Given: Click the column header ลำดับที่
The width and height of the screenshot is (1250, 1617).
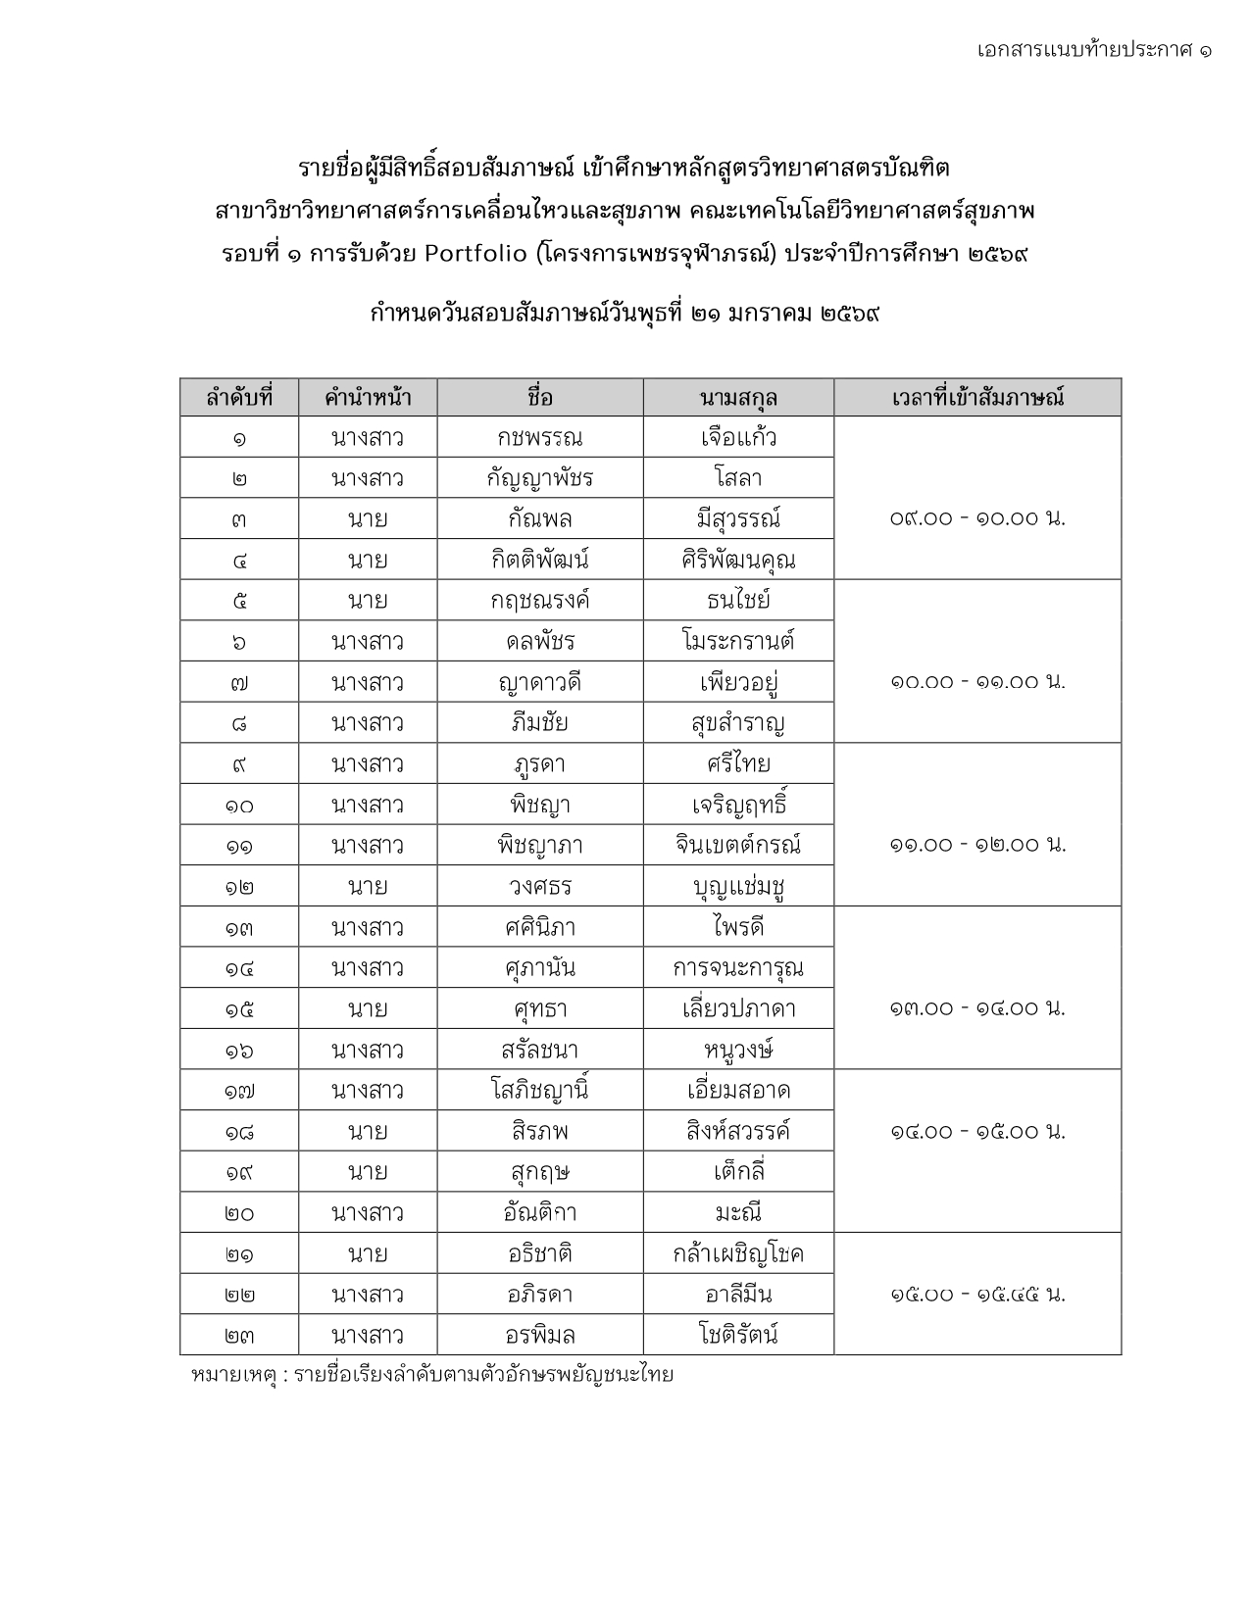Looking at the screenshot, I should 239,398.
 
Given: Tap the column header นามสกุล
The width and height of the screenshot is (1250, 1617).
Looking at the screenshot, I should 738,398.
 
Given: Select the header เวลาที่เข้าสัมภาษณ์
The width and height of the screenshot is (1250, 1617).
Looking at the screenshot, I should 977,398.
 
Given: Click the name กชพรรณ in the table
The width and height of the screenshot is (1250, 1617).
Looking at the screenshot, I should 539,438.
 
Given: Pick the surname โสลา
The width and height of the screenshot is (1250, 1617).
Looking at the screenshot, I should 738,479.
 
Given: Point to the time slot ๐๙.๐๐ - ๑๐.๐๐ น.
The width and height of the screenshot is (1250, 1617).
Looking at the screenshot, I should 977,518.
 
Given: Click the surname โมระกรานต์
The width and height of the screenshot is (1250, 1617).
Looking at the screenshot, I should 738,642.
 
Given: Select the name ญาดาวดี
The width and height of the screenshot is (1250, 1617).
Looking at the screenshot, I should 539,683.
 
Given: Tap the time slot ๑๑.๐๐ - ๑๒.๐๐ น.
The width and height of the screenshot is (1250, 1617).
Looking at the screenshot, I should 977,845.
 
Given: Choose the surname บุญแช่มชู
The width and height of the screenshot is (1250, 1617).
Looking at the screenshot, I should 738,887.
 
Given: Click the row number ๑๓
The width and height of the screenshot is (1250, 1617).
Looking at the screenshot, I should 239,928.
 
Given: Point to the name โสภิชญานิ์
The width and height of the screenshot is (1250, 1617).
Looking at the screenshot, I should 539,1091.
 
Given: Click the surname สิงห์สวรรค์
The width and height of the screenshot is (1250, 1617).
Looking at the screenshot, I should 738,1132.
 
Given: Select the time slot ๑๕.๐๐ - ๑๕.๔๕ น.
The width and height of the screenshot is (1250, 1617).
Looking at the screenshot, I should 977,1295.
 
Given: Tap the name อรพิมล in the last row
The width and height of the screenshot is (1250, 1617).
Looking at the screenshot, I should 539,1336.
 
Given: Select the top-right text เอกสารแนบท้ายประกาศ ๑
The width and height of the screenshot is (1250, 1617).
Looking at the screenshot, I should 1093,49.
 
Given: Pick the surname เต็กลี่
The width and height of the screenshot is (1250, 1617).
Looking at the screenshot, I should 738,1172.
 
